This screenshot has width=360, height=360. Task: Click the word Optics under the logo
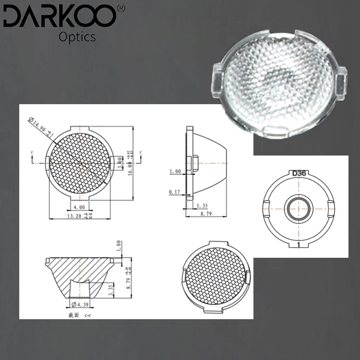click(x=77, y=36)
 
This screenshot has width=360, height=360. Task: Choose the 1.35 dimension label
click(x=201, y=206)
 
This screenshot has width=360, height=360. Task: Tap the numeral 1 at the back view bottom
click(x=299, y=245)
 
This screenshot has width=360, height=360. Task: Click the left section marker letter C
click(x=32, y=152)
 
